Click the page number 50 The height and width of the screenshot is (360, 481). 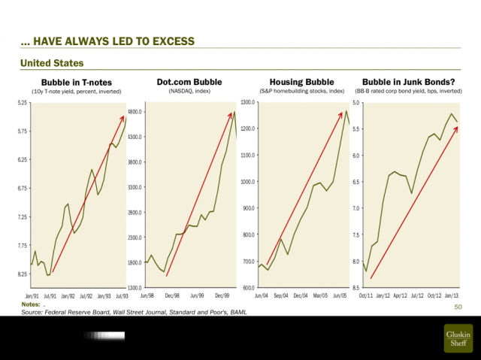coord(458,307)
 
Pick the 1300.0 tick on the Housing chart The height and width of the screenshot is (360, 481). coord(249,102)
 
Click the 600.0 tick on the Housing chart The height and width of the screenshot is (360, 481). coord(250,288)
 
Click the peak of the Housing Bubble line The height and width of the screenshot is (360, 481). coord(346,110)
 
